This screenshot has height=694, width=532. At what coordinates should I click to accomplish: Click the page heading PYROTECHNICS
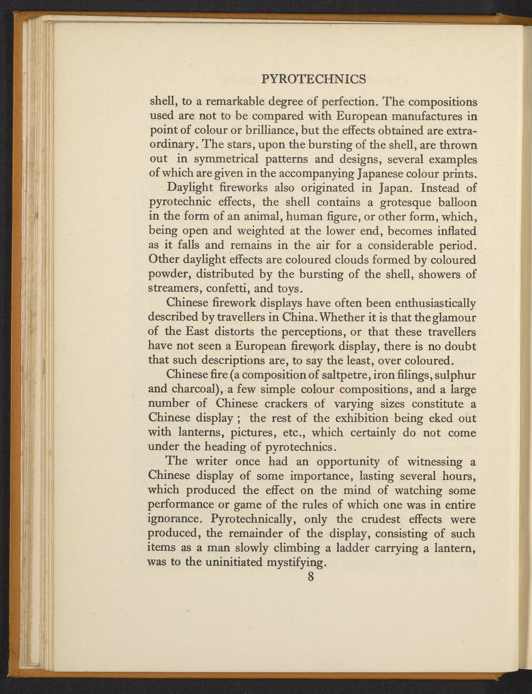pos(313,79)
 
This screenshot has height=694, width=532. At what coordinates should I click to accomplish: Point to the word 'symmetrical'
pos(228,159)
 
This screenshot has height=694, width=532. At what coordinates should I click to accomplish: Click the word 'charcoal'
pos(198,390)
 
